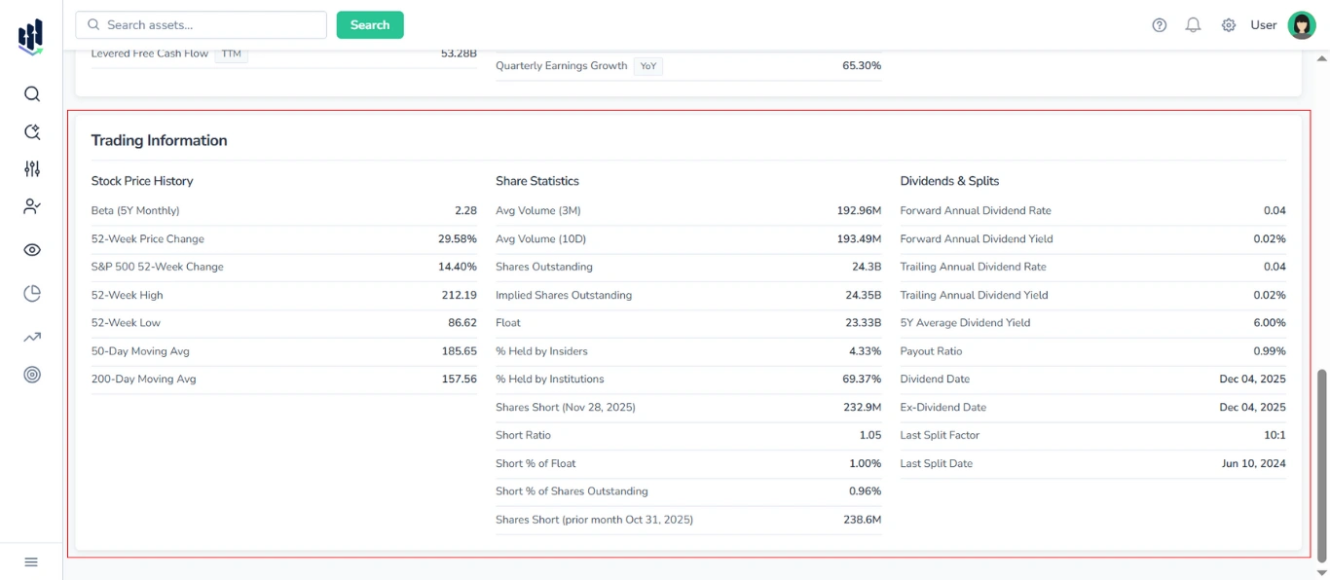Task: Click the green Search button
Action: coord(370,25)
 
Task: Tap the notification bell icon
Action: coord(1193,25)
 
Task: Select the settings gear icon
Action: coord(1229,25)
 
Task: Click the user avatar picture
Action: coord(1302,25)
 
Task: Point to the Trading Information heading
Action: coord(159,140)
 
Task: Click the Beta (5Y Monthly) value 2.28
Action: coord(465,210)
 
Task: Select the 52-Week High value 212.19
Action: coord(459,295)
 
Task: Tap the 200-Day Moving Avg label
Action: coord(143,379)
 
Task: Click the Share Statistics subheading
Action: coord(536,181)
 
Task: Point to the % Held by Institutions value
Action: coord(862,379)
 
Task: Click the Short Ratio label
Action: coord(523,435)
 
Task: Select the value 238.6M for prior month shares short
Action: coord(862,520)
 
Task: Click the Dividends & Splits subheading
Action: coord(949,181)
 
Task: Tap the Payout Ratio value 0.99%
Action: coord(1269,351)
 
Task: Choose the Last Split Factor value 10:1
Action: coord(1274,435)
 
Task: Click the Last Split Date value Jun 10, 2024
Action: coord(1253,463)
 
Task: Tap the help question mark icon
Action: coord(1159,25)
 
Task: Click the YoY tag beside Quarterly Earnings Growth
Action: coord(648,66)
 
